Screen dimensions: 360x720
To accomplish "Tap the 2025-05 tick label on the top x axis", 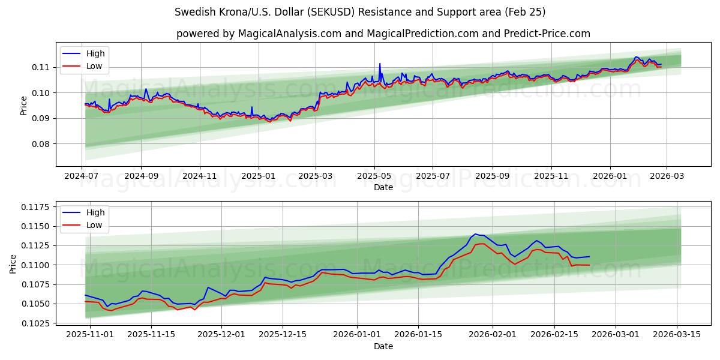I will [x=374, y=176].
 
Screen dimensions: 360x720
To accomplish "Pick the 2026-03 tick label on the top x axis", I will [x=667, y=176].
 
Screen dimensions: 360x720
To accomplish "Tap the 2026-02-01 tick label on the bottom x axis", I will [x=493, y=335].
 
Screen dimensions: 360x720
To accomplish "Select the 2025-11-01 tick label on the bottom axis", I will [x=90, y=335].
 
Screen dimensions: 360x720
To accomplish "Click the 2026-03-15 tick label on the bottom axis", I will [x=677, y=335].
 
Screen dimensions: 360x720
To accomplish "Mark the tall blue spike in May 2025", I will [x=379, y=64].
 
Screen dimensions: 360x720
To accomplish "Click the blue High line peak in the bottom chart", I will [x=475, y=234].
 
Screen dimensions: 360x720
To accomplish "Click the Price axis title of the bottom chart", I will [x=14, y=263].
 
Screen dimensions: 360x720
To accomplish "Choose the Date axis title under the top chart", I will [x=383, y=187].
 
